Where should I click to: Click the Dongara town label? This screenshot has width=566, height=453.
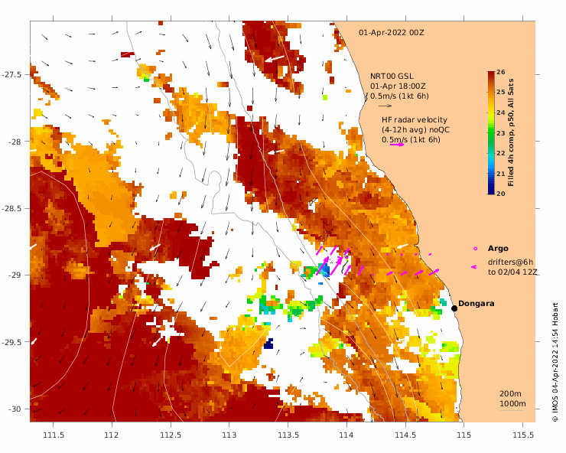476,304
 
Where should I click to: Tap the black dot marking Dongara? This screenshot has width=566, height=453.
454,308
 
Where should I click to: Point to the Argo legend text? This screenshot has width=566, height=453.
498,249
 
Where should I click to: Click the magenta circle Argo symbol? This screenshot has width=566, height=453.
475,249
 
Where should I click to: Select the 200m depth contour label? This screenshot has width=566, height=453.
511,393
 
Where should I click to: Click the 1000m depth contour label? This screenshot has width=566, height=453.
511,403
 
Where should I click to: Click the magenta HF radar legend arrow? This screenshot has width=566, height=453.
397,145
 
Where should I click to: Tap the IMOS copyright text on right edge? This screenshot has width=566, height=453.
555,360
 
